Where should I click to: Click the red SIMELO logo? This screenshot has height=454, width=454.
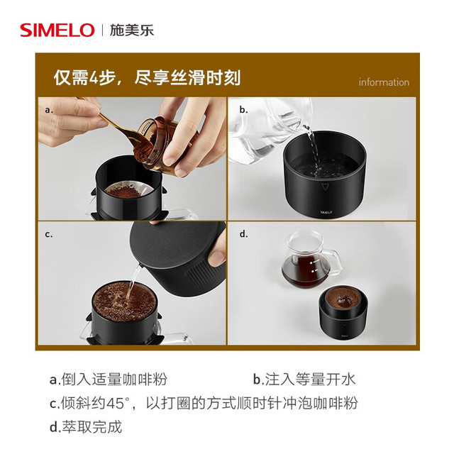(x=57, y=30)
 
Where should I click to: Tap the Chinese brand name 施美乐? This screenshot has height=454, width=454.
(x=132, y=30)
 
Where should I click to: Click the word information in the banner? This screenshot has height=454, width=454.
(x=384, y=82)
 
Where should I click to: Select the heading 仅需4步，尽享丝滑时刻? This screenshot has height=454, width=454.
(x=147, y=77)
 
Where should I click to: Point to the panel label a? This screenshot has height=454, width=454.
(x=49, y=110)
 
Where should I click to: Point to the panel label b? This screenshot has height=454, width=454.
(x=243, y=110)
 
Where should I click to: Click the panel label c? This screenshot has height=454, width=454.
(x=49, y=234)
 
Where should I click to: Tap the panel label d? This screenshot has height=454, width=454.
(x=243, y=233)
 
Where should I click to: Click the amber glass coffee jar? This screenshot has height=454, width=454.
(x=162, y=142)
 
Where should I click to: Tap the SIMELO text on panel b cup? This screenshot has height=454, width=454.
(x=326, y=212)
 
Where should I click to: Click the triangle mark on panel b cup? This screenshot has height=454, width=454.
(x=325, y=187)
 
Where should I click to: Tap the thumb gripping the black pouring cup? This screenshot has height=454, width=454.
(x=216, y=255)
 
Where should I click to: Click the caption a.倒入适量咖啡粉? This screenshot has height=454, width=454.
(x=109, y=380)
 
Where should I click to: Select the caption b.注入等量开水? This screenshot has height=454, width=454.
(x=304, y=380)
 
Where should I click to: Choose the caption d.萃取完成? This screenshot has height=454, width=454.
(x=86, y=427)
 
